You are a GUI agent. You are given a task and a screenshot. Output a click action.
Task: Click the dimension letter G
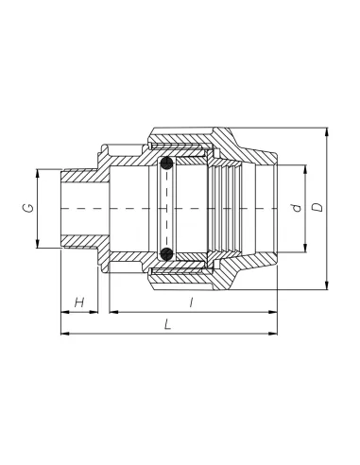[x=28, y=208]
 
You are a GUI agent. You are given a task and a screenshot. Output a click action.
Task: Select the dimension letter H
[x=79, y=302]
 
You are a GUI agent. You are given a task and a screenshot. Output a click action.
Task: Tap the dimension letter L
[x=168, y=324]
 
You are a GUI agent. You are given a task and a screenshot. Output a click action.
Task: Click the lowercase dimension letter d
[x=297, y=208]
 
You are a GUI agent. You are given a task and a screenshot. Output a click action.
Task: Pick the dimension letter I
[x=191, y=302]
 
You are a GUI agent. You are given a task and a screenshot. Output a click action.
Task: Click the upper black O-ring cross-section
[x=166, y=164]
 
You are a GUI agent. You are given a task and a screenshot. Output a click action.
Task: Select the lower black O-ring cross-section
[x=166, y=254]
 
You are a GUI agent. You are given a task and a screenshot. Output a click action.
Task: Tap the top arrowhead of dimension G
[x=37, y=174]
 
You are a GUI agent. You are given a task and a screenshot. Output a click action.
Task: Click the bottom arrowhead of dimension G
[x=37, y=244]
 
